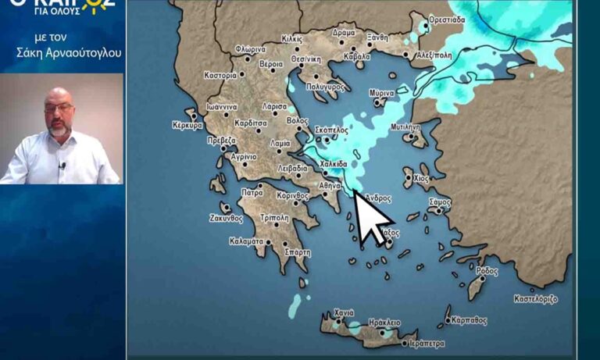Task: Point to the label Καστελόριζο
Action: [x=536, y=298]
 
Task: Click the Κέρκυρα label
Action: [x=187, y=125]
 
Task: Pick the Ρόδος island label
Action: [x=486, y=271]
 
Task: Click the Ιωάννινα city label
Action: [x=222, y=108]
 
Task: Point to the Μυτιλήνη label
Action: [x=405, y=127]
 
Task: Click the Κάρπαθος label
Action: [x=469, y=320]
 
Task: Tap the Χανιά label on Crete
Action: [x=344, y=313]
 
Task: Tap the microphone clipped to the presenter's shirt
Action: [x=62, y=165]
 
